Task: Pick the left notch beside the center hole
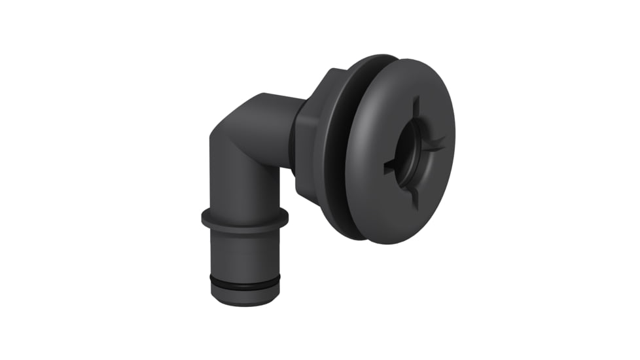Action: (x=390, y=164)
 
